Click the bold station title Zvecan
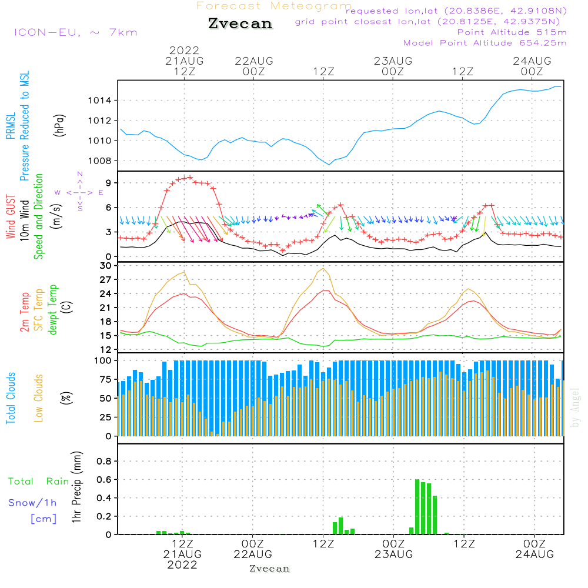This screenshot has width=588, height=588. (240, 24)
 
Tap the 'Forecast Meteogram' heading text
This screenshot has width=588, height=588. (274, 6)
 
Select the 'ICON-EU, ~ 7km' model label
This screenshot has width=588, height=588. (75, 32)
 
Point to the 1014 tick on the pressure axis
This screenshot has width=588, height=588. (99, 101)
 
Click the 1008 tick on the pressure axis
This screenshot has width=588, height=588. (99, 161)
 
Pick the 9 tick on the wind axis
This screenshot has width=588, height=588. (108, 183)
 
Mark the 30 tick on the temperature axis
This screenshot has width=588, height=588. (106, 265)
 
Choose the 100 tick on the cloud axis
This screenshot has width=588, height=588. (103, 360)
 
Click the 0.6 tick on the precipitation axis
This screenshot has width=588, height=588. (104, 480)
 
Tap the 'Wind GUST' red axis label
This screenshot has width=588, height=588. (11, 217)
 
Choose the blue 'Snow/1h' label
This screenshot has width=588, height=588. (32, 503)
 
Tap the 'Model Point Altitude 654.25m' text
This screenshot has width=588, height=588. (485, 42)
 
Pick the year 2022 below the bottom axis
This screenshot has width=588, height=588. (182, 565)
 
